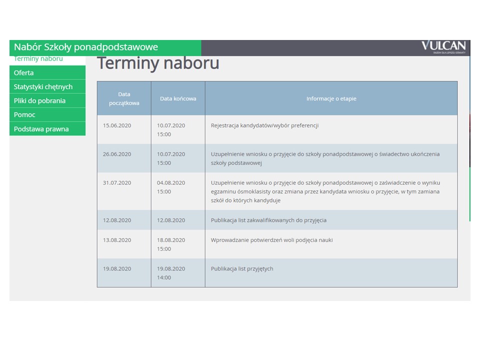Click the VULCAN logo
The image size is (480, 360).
coord(443,47)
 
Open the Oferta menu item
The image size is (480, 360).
coord(23,73)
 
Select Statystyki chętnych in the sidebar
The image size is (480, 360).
coord(43,87)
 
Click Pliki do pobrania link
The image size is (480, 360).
coord(39,100)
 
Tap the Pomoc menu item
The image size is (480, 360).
coord(24,115)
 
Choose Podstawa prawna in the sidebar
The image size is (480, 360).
coord(41,129)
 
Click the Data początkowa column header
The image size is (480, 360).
coord(124,98)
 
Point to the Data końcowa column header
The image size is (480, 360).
coord(178,98)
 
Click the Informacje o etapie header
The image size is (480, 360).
coord(331,98)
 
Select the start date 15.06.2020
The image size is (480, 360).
coord(117,125)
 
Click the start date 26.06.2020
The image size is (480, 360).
coord(117,154)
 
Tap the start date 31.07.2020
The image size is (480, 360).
coord(117,183)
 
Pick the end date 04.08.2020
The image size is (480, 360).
coord(171,183)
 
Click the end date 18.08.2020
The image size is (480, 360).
coord(171,240)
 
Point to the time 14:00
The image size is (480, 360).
coord(164,277)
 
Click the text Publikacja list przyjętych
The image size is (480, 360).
coord(242,269)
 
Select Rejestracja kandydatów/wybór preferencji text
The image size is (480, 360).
coord(264,125)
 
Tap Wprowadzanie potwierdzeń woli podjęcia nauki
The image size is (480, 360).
coord(271,240)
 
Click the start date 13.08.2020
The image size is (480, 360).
coord(117,240)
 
